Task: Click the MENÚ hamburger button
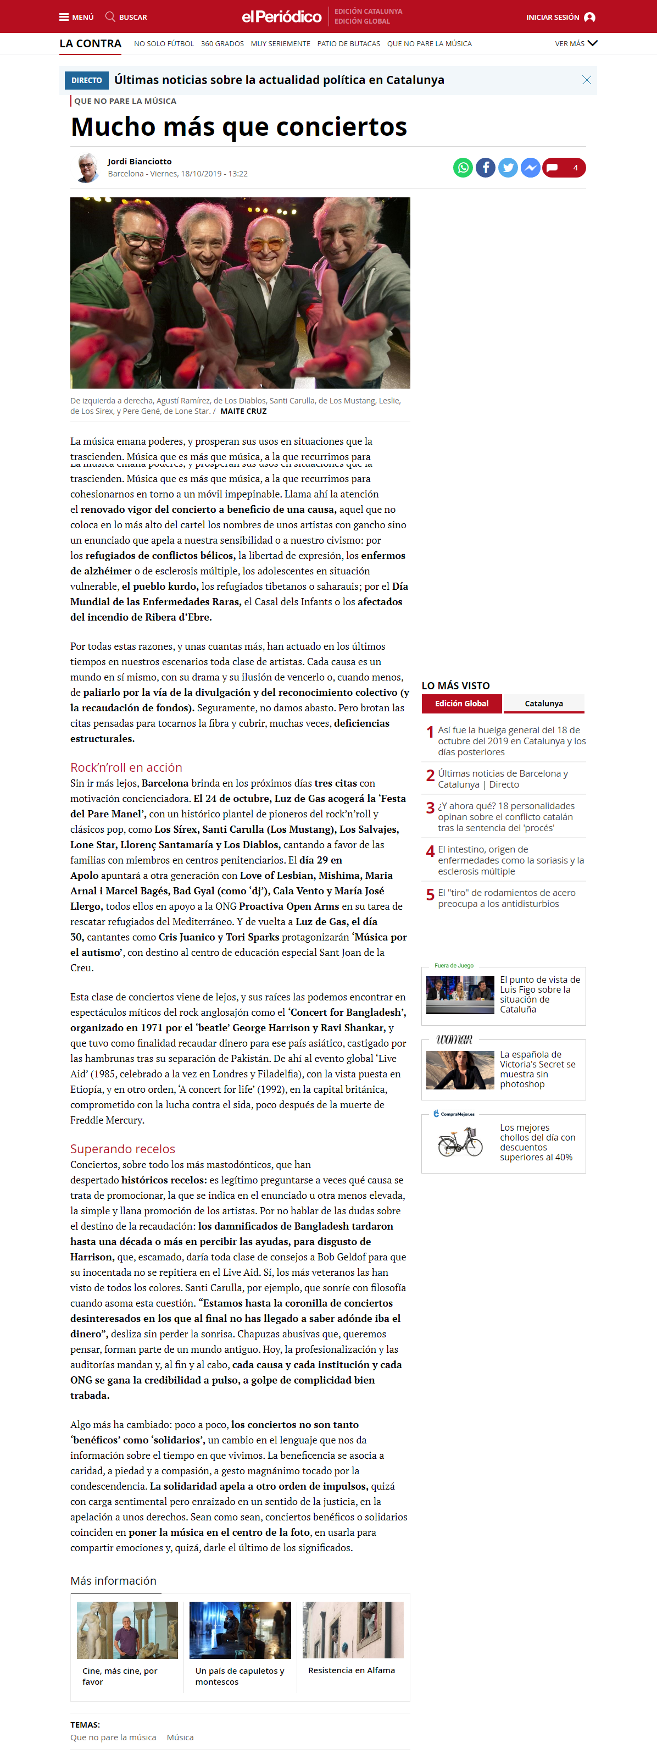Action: pos(76,17)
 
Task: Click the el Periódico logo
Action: pos(281,16)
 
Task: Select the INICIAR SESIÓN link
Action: pos(560,17)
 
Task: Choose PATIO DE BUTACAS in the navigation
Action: pos(349,43)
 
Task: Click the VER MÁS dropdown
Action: pos(575,43)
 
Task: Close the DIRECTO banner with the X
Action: pos(586,80)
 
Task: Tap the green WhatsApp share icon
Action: pos(463,168)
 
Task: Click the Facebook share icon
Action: pos(486,168)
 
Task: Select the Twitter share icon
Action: pos(508,168)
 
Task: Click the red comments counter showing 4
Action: pos(564,168)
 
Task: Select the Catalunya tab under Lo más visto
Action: pos(543,704)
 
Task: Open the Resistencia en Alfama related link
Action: pos(352,1670)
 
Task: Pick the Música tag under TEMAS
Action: pos(180,1737)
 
